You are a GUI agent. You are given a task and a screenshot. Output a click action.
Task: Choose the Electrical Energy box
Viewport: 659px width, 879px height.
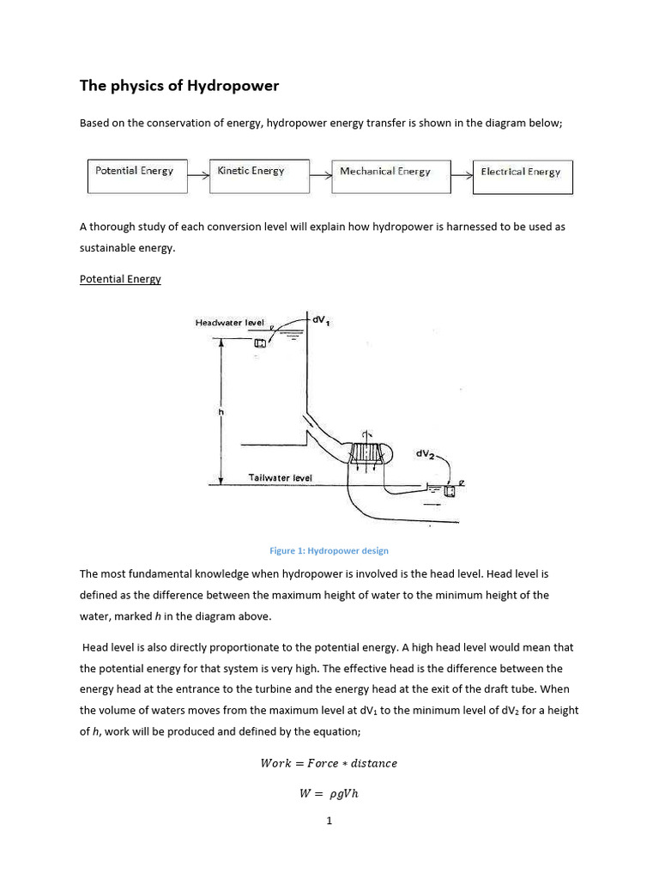pos(522,176)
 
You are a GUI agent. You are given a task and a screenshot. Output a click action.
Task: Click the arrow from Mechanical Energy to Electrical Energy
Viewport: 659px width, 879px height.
pos(463,176)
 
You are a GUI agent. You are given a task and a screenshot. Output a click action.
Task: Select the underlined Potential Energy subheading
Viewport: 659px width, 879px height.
pos(120,279)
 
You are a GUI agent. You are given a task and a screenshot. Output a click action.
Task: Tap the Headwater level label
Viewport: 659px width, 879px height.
pos(229,323)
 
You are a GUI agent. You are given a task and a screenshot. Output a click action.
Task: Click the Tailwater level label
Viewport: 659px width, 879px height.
pos(281,477)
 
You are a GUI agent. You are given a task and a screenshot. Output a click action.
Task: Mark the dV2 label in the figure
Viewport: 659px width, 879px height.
pos(426,453)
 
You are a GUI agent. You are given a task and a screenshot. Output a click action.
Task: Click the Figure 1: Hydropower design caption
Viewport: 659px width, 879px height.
pos(329,550)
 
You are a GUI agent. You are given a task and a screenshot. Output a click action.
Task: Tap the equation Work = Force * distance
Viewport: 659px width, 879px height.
pos(329,763)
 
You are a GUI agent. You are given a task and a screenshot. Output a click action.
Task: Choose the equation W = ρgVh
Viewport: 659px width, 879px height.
pos(329,793)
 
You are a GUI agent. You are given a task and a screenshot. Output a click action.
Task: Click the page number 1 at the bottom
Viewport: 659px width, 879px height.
pos(329,821)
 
